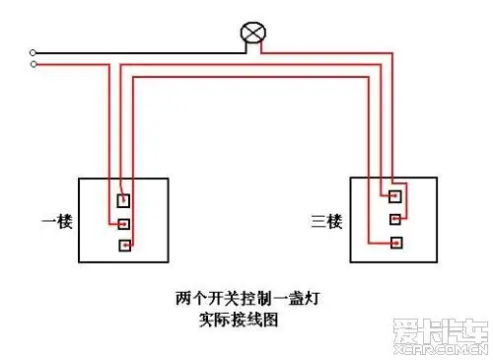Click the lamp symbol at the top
pos(253,35)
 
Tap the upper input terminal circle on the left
pos(35,51)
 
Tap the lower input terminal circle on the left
pos(35,64)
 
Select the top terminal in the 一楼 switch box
pos(123,201)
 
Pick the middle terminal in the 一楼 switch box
pos(123,223)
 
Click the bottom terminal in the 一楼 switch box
pos(123,245)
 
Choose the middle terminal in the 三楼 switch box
pos(394,218)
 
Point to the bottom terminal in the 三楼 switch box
pos(394,242)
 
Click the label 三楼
pos(326,219)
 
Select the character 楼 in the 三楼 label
pos(333,219)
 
